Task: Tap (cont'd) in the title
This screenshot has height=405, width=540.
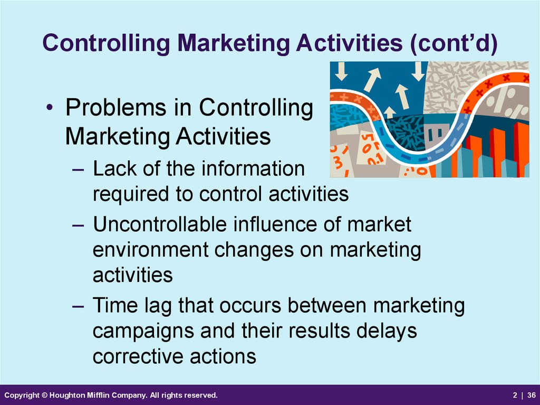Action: pos(454,43)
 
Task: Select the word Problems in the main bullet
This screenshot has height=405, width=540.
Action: pos(116,107)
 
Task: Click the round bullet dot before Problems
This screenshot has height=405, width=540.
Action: pos(50,107)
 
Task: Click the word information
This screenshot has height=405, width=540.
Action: pos(253,168)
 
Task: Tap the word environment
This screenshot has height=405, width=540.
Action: pos(150,250)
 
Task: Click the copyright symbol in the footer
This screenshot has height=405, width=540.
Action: pos(45,395)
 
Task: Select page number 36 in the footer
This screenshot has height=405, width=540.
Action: pos(532,395)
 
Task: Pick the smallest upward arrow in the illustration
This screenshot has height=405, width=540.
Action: pos(390,113)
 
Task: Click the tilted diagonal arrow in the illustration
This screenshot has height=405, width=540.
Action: pos(372,80)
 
